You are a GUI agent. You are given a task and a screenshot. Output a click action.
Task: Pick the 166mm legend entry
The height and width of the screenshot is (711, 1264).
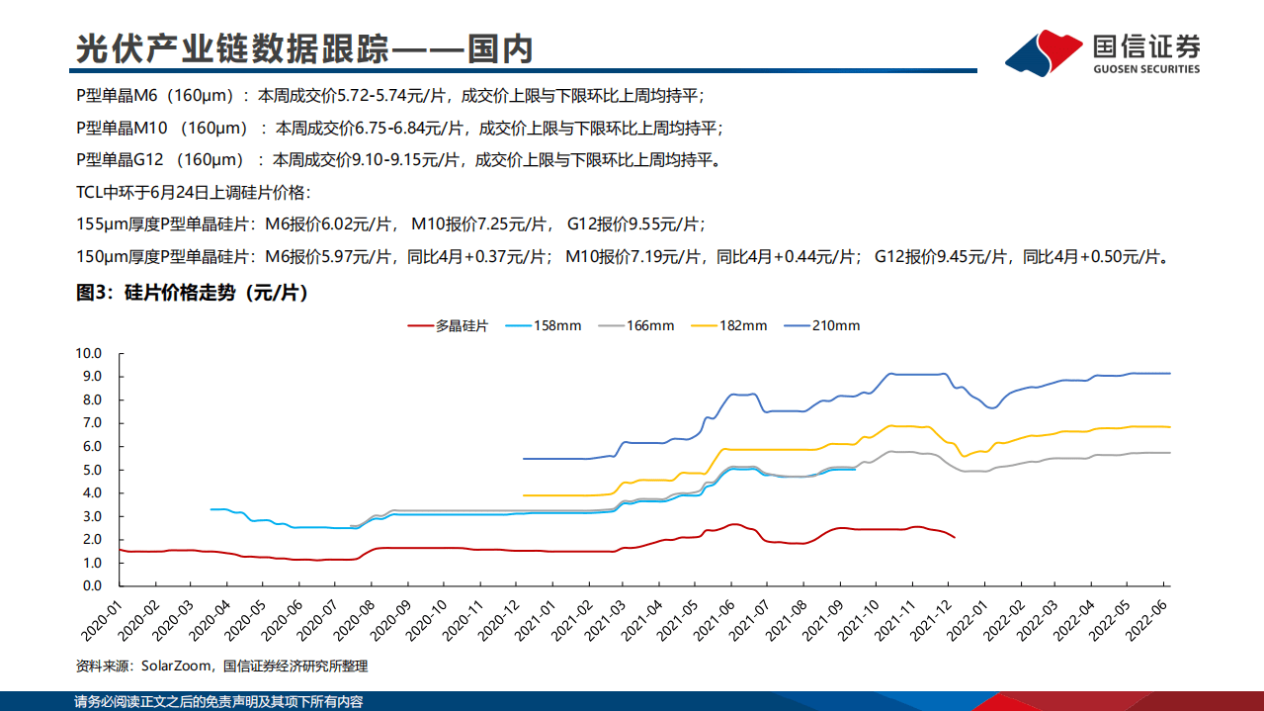636,325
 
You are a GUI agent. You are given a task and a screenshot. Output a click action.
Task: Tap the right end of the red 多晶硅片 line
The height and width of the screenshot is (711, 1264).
954,537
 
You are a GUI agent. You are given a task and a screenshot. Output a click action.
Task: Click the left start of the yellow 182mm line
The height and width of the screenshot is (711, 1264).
524,495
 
